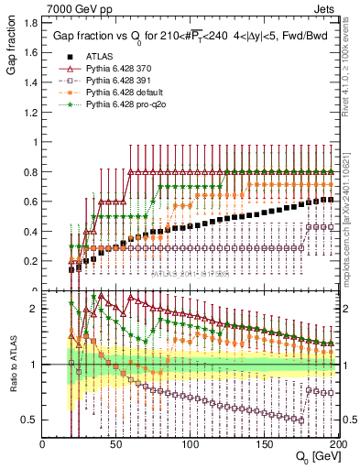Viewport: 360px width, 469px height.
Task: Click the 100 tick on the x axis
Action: click(191, 443)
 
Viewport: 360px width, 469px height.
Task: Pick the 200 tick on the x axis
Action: click(337, 443)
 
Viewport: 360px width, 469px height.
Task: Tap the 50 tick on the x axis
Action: click(116, 443)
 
